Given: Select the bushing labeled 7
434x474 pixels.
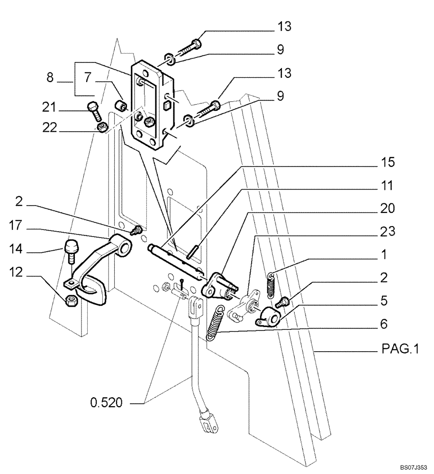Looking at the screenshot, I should (x=122, y=104).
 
